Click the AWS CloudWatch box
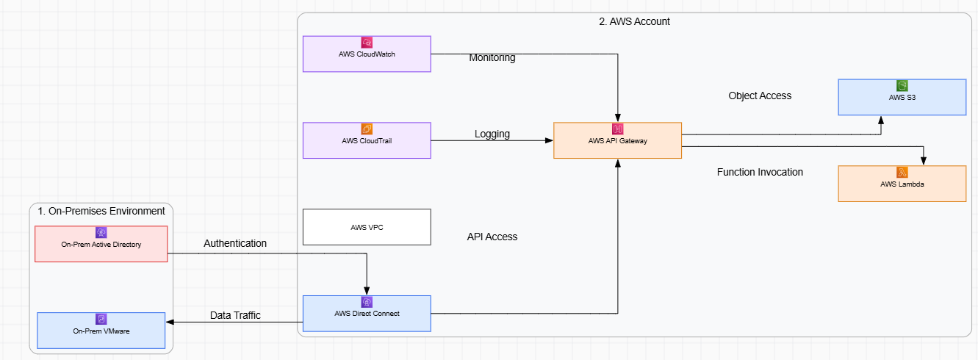click(367, 54)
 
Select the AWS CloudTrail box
click(367, 140)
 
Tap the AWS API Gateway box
click(617, 140)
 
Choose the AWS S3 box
click(902, 97)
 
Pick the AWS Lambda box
click(902, 184)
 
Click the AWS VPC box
click(367, 227)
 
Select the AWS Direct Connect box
click(367, 314)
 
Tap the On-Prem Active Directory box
click(101, 244)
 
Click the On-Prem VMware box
click(101, 331)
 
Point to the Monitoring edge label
click(492, 58)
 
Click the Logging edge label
click(492, 134)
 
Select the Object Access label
click(760, 96)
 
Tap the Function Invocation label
click(760, 172)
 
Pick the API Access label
click(492, 237)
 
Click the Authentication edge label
click(235, 243)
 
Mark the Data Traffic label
click(235, 315)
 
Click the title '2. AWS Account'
click(634, 21)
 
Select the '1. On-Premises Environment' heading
click(101, 211)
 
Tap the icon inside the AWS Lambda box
click(902, 172)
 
